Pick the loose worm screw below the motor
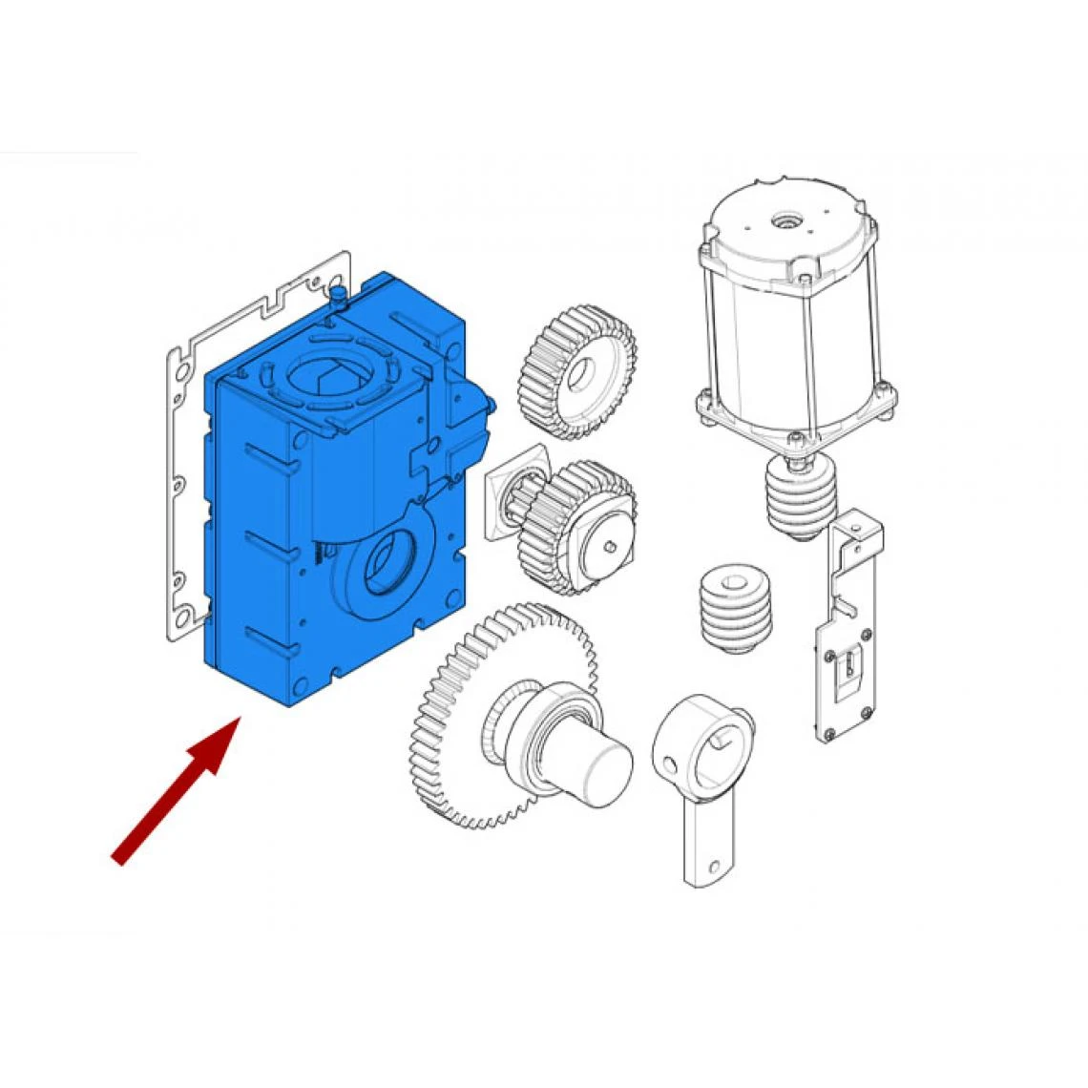(733, 611)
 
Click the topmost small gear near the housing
(578, 372)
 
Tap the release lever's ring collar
(704, 744)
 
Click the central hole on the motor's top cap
(786, 220)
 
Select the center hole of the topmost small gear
(579, 376)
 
